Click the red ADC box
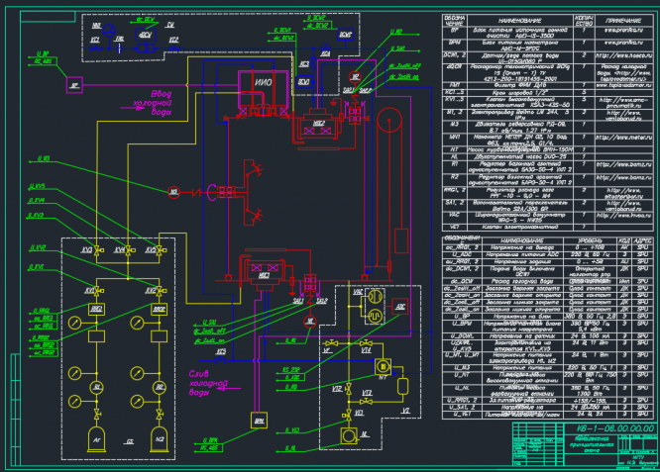[399, 308]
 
